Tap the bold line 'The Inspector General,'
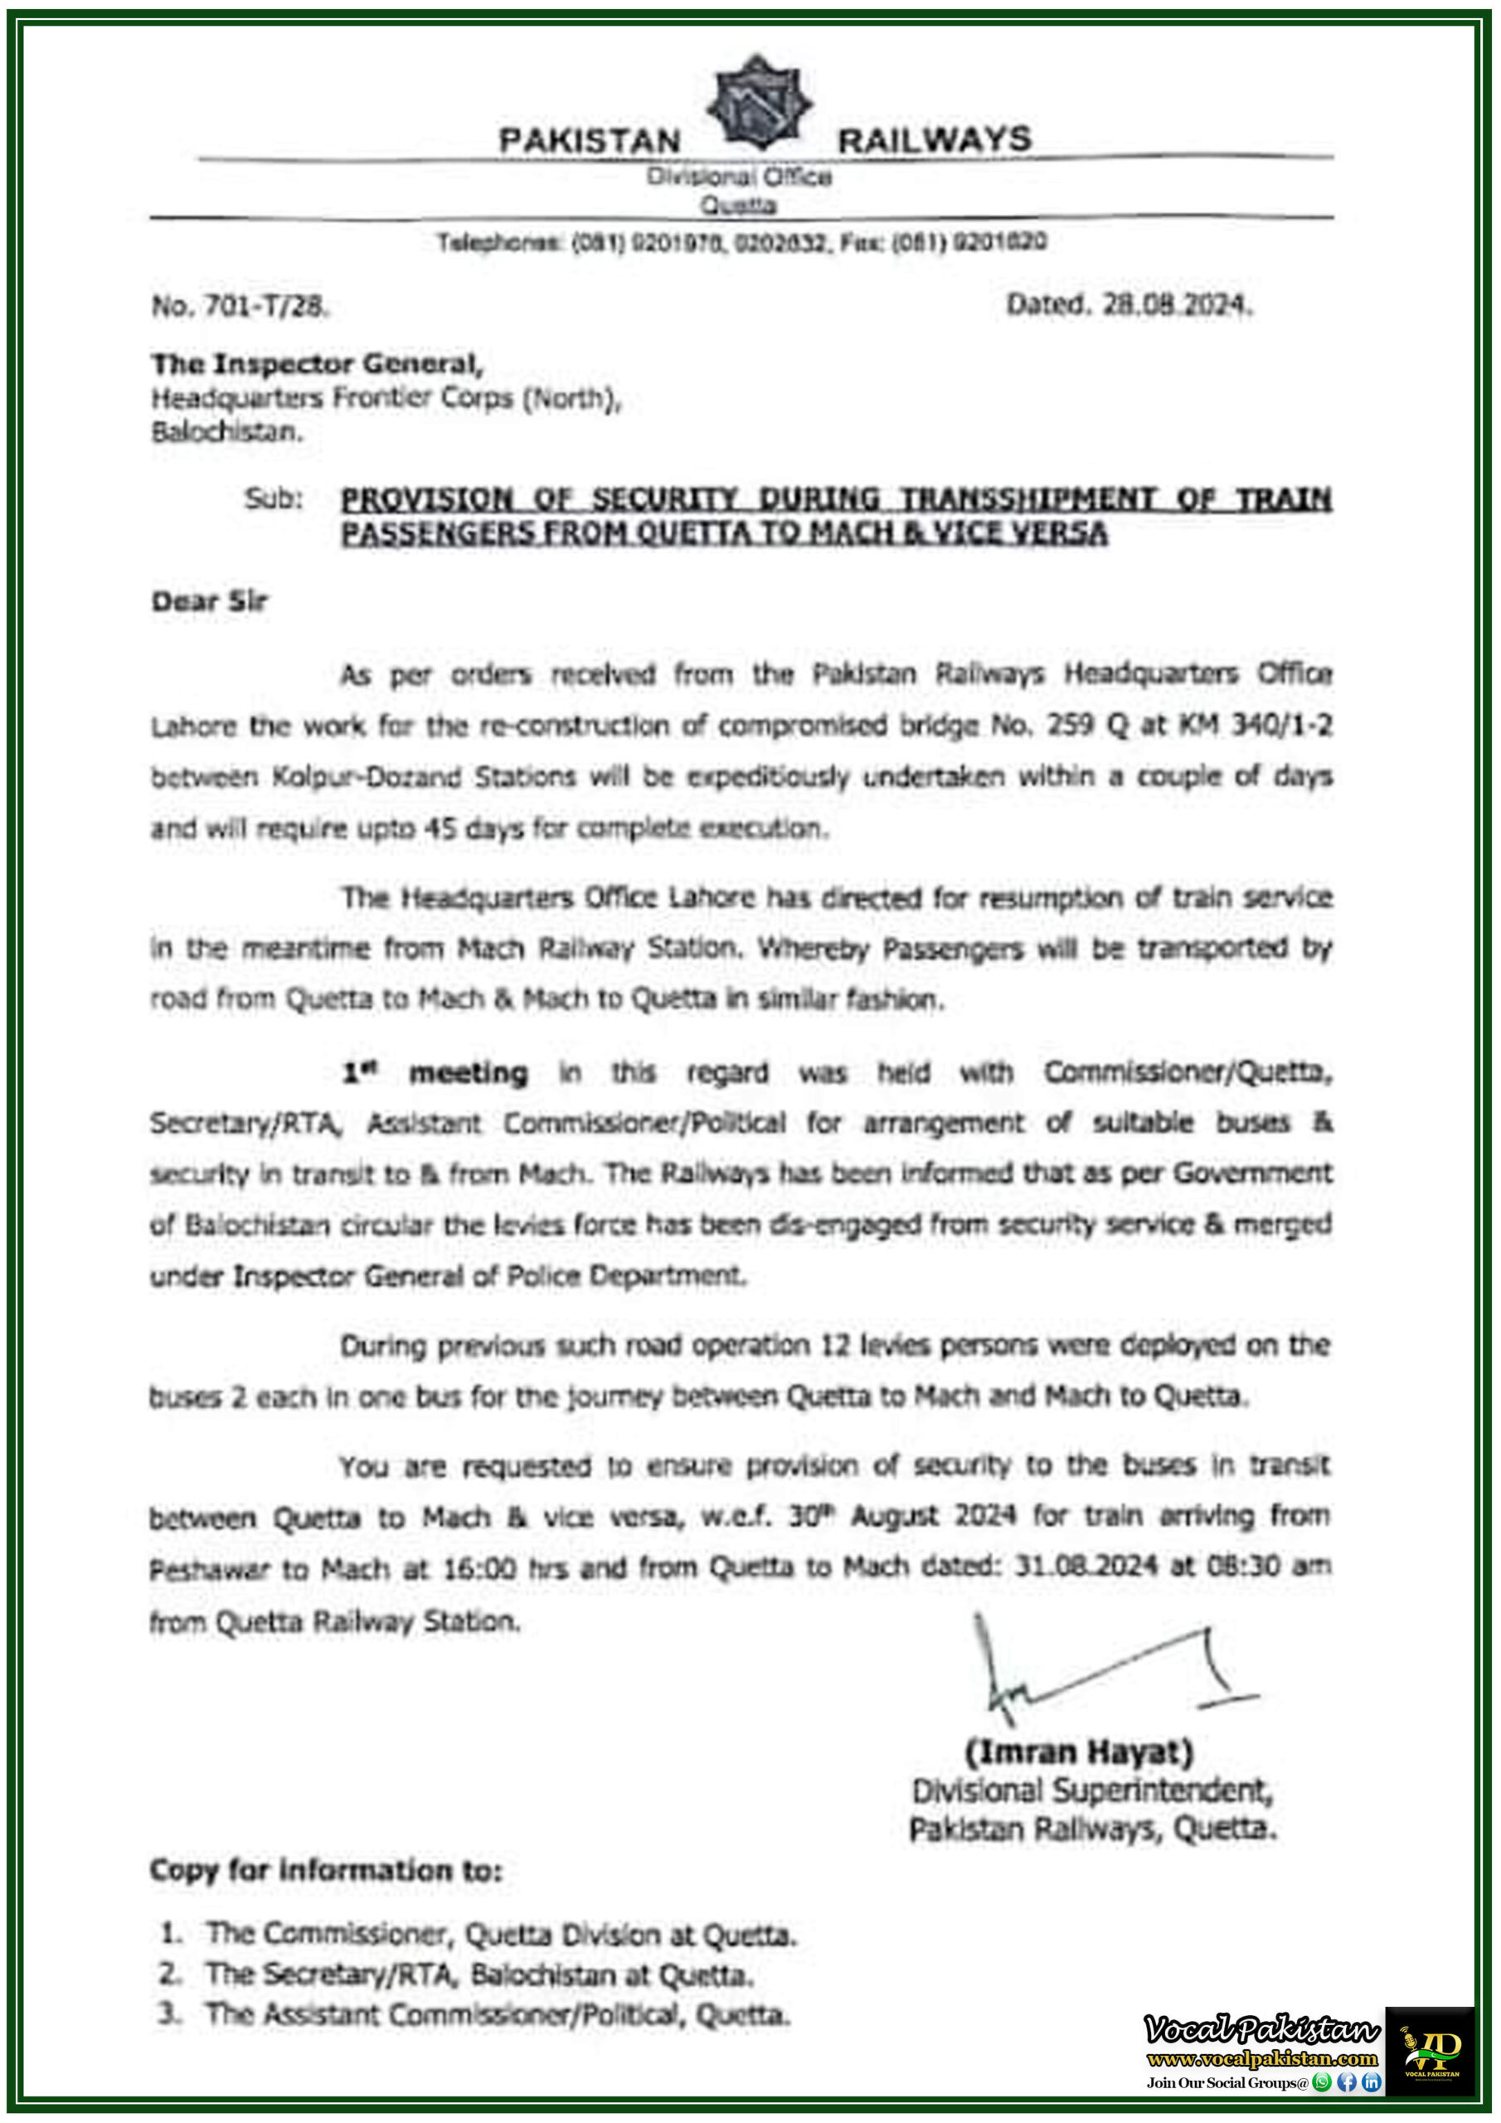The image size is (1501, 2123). pos(318,364)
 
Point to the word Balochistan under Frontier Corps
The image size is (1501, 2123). pos(227,432)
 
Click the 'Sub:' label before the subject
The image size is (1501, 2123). pos(273,499)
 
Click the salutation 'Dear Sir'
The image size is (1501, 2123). pos(209,602)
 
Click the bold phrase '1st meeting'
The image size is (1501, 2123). pos(435,1072)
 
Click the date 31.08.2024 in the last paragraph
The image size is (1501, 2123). pos(1086,1566)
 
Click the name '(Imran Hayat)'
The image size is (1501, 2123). pos(1079,1752)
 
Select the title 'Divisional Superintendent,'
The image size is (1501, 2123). pos(1092,1791)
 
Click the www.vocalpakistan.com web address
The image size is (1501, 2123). pos(1261,2058)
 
